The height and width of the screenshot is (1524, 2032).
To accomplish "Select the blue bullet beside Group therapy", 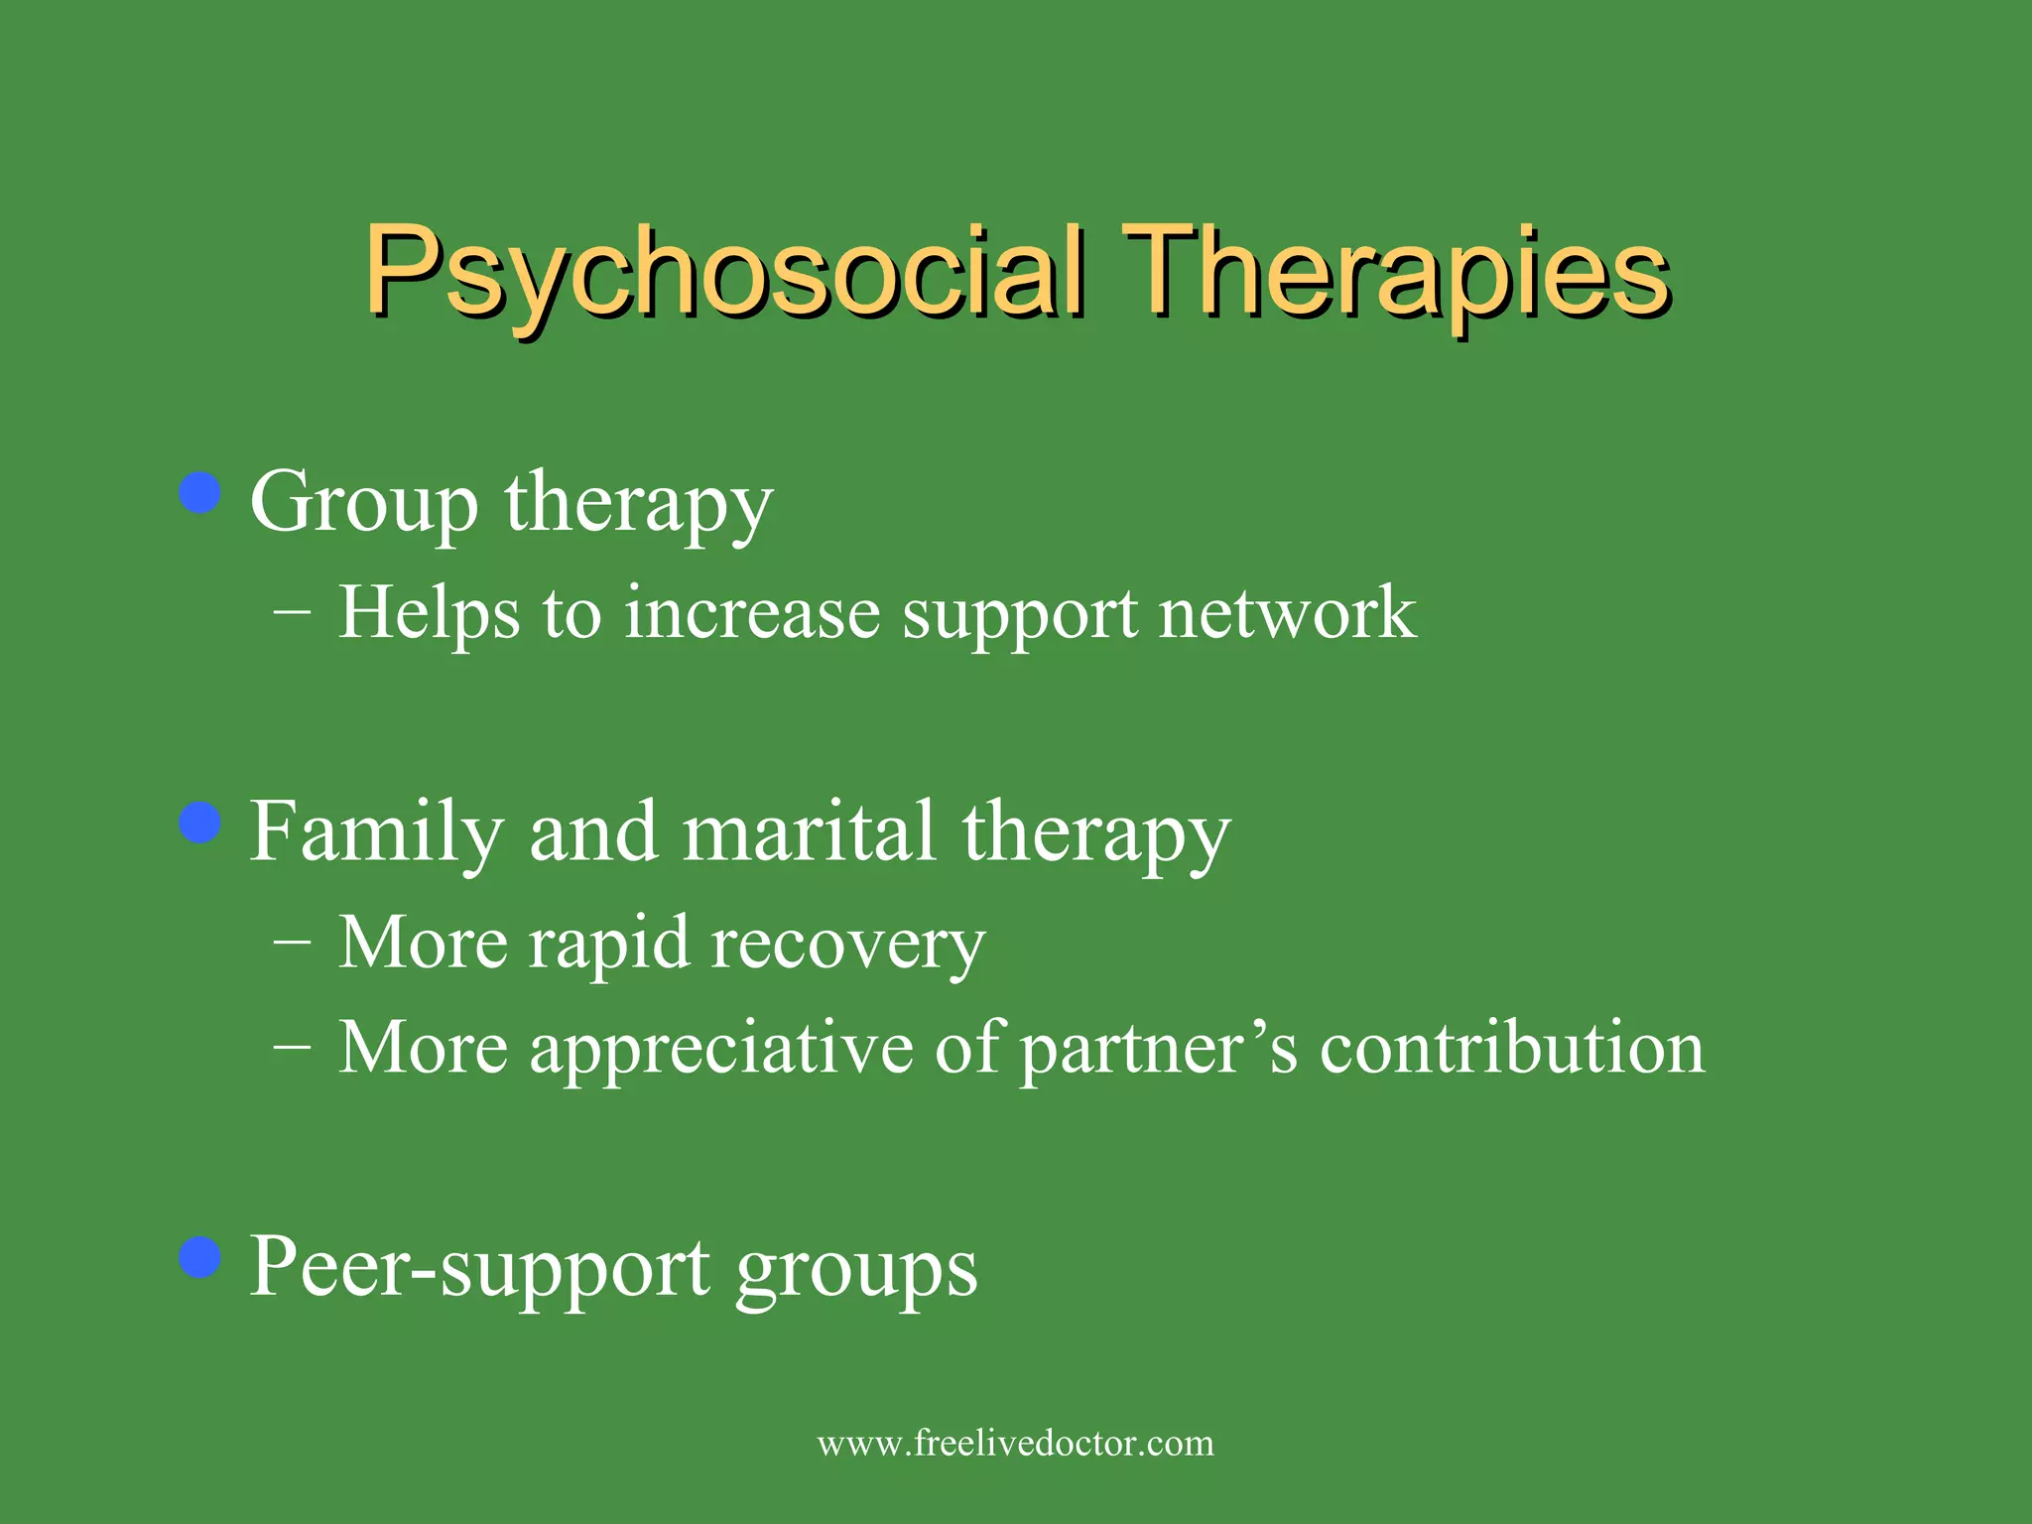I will coord(200,493).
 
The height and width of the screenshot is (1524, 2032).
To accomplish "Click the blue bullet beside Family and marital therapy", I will coord(200,823).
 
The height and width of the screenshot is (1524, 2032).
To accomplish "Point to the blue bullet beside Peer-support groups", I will coord(200,1258).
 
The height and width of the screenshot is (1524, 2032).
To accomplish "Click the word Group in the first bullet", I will coord(363,504).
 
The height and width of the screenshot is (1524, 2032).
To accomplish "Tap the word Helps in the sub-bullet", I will coord(429,613).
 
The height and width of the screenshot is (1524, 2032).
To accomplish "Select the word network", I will coord(1287,613).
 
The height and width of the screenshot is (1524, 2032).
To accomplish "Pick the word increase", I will coord(751,613).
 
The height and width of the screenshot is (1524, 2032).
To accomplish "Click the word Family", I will coord(376,833).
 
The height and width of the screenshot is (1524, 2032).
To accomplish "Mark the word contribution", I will coord(1512,1048).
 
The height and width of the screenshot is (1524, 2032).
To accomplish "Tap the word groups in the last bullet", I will coord(856,1273).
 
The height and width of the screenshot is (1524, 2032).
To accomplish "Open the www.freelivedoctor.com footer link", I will coord(1015,1443).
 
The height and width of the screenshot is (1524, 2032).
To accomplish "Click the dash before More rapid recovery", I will coord(292,940).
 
